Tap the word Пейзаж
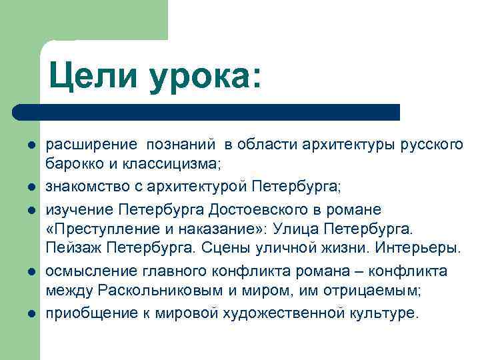pyautogui.click(x=70, y=250)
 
